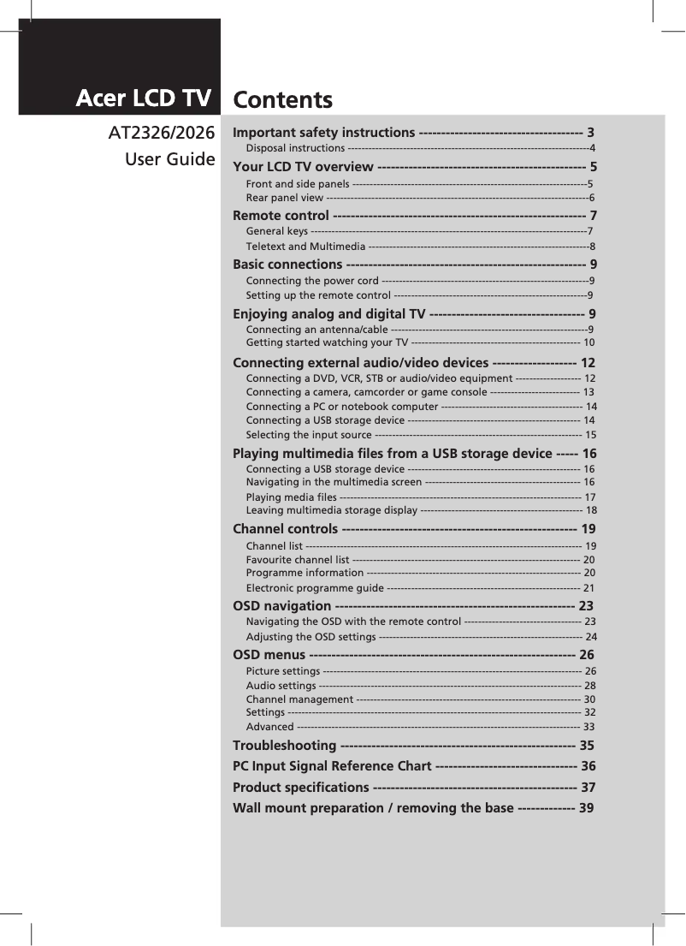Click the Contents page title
[283, 101]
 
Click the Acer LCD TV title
[143, 99]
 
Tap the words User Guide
[170, 159]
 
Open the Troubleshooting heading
[285, 746]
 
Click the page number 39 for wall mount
[586, 808]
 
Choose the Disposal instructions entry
[295, 148]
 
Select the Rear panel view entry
[284, 198]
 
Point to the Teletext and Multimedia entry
[305, 247]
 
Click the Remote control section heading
[281, 215]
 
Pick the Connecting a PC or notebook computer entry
[341, 406]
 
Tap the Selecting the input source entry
[308, 435]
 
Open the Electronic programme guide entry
[314, 588]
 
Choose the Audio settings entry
[281, 686]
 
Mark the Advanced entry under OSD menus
[269, 727]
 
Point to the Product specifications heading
[300, 788]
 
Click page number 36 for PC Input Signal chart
[588, 766]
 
